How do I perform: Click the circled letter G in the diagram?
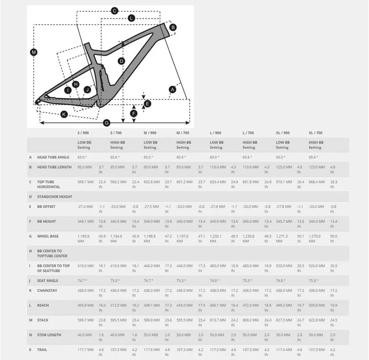click(x=107, y=122)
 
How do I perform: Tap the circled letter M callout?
click(x=34, y=52)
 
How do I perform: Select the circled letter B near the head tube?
click(x=173, y=27)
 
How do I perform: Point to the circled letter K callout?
click(x=64, y=114)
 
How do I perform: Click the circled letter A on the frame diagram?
click(x=172, y=89)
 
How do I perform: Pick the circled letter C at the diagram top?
click(x=115, y=11)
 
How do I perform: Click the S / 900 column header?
click(x=83, y=133)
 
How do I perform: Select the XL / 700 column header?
click(x=315, y=133)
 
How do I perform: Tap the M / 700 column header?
click(x=183, y=133)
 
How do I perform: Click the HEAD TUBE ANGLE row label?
click(x=53, y=157)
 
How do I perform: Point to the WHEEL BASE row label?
click(x=48, y=236)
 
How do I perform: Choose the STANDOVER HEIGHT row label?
click(x=55, y=197)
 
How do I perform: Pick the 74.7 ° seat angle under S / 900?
click(x=82, y=281)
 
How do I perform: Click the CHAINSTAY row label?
click(x=47, y=290)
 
